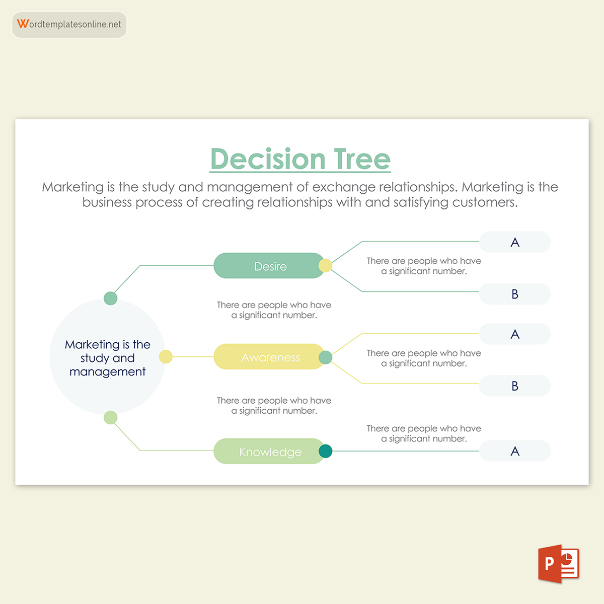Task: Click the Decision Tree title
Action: [300, 159]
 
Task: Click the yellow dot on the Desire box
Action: [326, 265]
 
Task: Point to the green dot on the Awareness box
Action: [326, 357]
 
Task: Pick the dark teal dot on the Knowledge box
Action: [326, 451]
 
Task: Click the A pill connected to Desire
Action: [514, 242]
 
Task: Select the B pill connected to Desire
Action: [514, 294]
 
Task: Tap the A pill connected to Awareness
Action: [514, 334]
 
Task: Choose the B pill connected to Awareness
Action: [514, 386]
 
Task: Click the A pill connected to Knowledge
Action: [514, 451]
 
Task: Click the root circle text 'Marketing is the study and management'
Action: [107, 358]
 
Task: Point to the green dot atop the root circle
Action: [110, 298]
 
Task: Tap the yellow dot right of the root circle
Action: [166, 357]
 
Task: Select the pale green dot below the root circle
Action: [110, 417]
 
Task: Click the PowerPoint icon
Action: [559, 564]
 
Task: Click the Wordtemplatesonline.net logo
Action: [69, 25]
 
